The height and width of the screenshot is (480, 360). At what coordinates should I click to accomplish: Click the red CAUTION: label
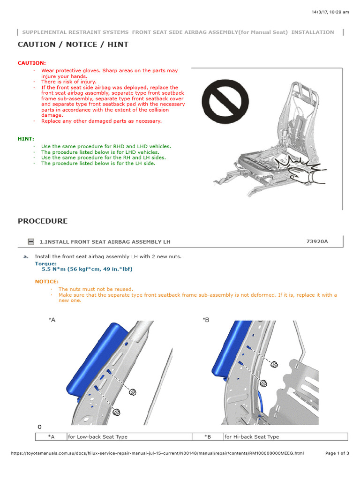pos(32,63)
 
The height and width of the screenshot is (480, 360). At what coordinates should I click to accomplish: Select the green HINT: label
pos(26,139)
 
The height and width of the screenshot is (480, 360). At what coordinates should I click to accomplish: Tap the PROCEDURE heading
pos(43,221)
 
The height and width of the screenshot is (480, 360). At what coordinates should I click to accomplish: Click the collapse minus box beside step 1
pos(31,242)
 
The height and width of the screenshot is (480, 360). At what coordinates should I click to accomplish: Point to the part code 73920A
pos(317,241)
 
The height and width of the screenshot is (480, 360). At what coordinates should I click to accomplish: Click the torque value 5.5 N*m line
pos(87,270)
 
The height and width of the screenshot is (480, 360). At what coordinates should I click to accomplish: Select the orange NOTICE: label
pos(47,281)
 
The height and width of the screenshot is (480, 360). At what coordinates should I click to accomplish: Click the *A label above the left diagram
pos(52,320)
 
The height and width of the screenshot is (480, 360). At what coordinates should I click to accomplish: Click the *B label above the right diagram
pos(206,320)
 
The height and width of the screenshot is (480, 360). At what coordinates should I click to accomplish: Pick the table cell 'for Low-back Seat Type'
pos(97,437)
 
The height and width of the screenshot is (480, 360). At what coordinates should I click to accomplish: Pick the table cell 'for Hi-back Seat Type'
pos(252,437)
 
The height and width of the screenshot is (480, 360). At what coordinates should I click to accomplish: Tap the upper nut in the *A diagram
pos(133,392)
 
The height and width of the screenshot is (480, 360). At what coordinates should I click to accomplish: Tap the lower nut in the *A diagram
pos(117,412)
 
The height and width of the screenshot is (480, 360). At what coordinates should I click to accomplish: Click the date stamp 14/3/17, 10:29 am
pos(330,12)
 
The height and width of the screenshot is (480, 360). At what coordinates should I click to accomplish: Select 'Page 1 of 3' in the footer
pos(337,453)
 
